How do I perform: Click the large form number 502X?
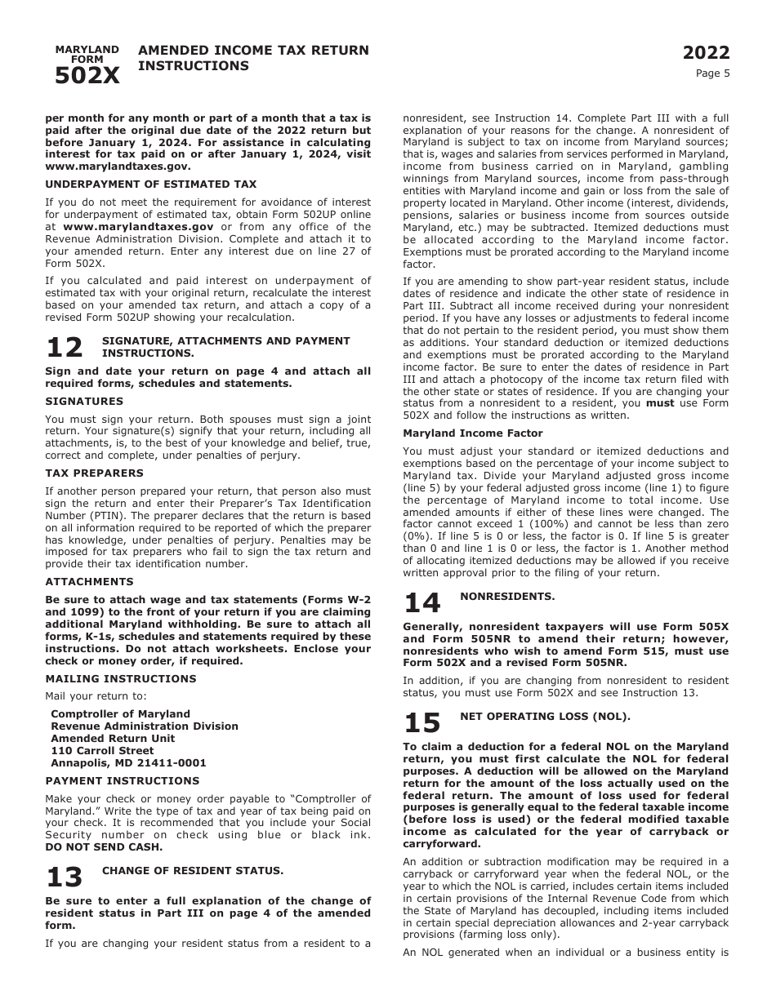[87, 76]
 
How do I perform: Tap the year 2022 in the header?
[706, 53]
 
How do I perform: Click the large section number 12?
[65, 348]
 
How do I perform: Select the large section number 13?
[65, 877]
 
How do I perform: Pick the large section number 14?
[422, 603]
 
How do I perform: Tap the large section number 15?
[422, 723]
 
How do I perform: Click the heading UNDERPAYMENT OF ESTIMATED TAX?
[150, 184]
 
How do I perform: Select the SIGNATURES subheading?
[84, 402]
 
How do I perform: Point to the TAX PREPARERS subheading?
[94, 473]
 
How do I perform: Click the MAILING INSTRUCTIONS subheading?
[121, 679]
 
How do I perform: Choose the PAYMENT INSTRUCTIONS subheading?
[123, 781]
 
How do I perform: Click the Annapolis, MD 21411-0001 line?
[128, 763]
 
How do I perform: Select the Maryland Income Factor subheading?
[472, 433]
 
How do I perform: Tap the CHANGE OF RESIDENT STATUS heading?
[193, 871]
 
